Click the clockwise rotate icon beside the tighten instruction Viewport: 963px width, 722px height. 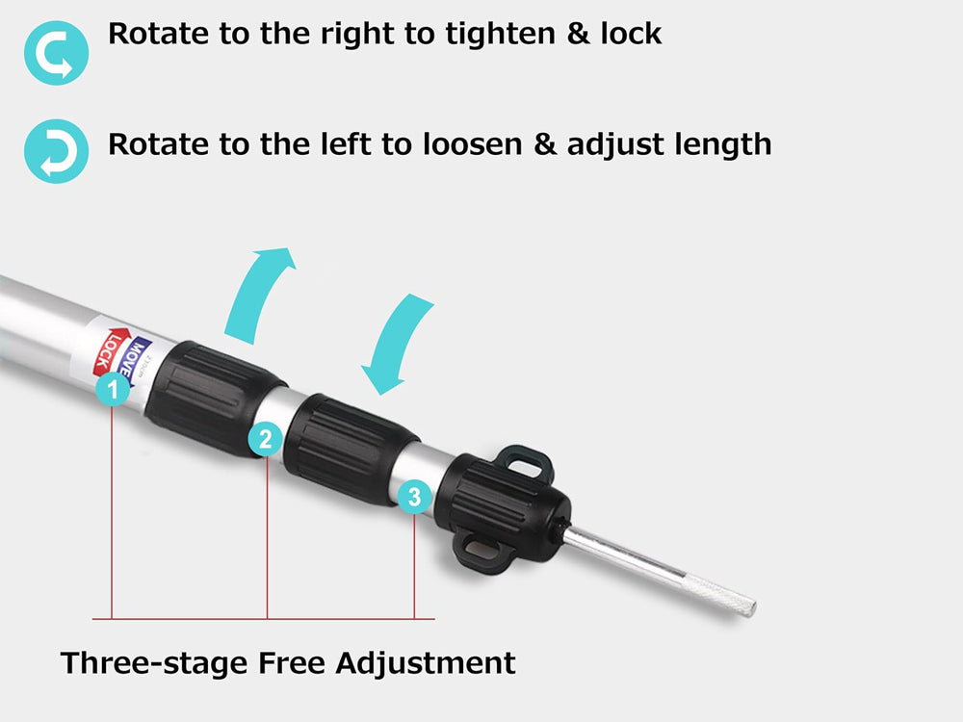pyautogui.click(x=56, y=53)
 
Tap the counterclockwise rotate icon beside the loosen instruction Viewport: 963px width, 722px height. pyautogui.click(x=56, y=151)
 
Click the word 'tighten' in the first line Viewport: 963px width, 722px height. pyautogui.click(x=501, y=35)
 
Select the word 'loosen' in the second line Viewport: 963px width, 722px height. pyautogui.click(x=472, y=145)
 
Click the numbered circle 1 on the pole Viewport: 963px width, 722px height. pyautogui.click(x=113, y=389)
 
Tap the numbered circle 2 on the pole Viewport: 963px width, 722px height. pyautogui.click(x=266, y=439)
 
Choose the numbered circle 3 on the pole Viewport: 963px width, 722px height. pyautogui.click(x=414, y=496)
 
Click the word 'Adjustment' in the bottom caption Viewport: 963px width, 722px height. pyautogui.click(x=426, y=664)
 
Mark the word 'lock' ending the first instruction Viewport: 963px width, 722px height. pyautogui.click(x=631, y=33)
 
